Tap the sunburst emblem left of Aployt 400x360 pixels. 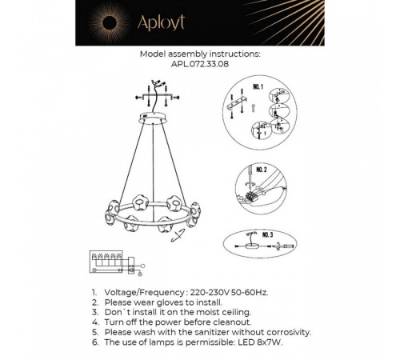click(153, 23)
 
